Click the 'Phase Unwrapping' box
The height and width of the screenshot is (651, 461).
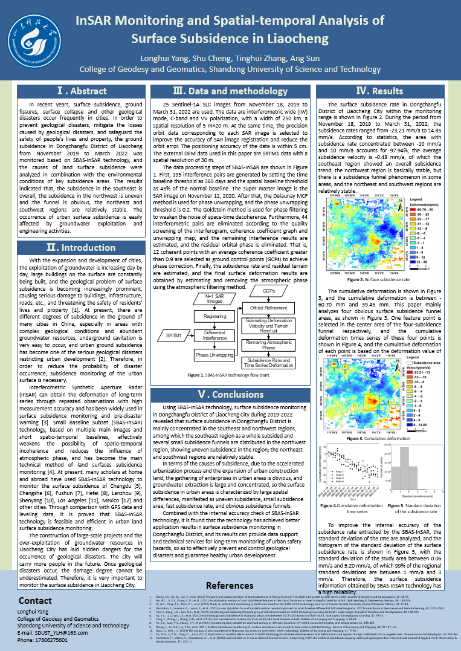[214, 355]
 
